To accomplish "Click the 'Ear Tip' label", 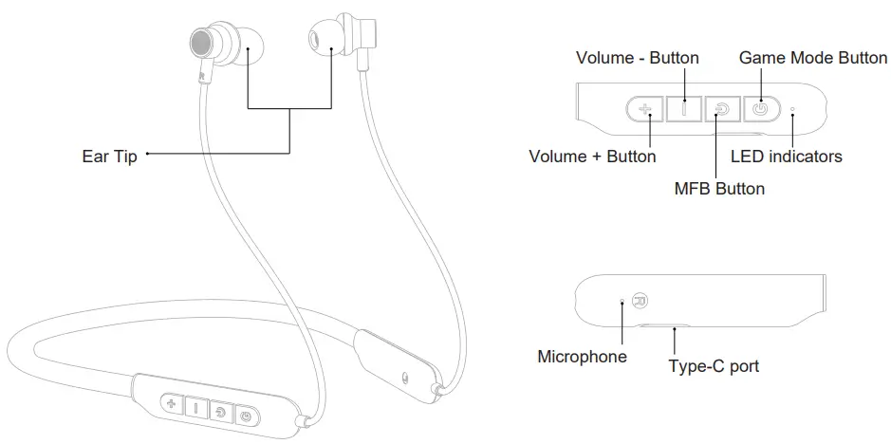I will pos(109,157).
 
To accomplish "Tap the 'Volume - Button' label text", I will pos(637,58).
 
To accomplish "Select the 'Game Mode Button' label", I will pos(812,58).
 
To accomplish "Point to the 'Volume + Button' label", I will pos(592,156).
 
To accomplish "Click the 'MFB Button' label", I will pos(718,188).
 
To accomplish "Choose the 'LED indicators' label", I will pos(786,156).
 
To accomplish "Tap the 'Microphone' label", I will pos(582,357).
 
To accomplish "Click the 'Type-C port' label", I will pos(713,366).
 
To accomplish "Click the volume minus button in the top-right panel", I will pos(683,109).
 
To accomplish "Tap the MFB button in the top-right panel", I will pos(721,109).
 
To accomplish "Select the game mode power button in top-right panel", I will pos(758,109).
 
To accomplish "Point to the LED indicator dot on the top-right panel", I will pos(792,109).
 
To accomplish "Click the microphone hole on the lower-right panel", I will pos(622,301).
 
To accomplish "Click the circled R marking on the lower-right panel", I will pos(640,302).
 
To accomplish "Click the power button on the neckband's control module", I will pos(246,415).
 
